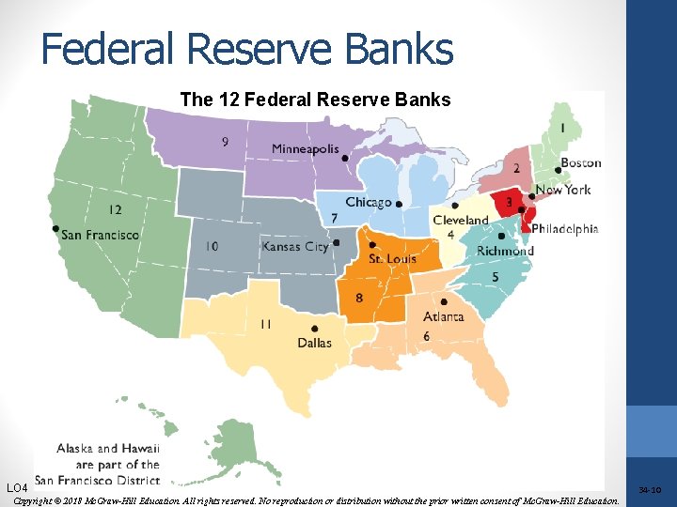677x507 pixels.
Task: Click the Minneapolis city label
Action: (x=305, y=148)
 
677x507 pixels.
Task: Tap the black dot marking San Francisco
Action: (x=55, y=228)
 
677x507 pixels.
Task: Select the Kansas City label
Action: (x=294, y=246)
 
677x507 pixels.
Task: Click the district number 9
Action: (x=224, y=143)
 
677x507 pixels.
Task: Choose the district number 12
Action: (x=115, y=209)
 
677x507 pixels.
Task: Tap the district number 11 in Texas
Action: (x=266, y=324)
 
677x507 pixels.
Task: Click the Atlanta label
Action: (x=443, y=316)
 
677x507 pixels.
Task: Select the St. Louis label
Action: (x=392, y=258)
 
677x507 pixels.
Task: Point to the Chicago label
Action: (x=368, y=203)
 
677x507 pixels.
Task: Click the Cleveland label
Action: (x=461, y=221)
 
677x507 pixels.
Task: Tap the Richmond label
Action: (x=505, y=251)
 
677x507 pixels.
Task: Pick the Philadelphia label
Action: (x=564, y=228)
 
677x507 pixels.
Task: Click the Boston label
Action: (x=580, y=163)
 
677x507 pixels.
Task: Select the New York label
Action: (x=562, y=190)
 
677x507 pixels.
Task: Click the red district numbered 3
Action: (x=509, y=202)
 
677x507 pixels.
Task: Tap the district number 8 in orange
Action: (x=359, y=299)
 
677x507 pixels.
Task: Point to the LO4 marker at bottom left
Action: (x=18, y=488)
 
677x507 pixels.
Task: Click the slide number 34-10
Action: (x=650, y=490)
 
